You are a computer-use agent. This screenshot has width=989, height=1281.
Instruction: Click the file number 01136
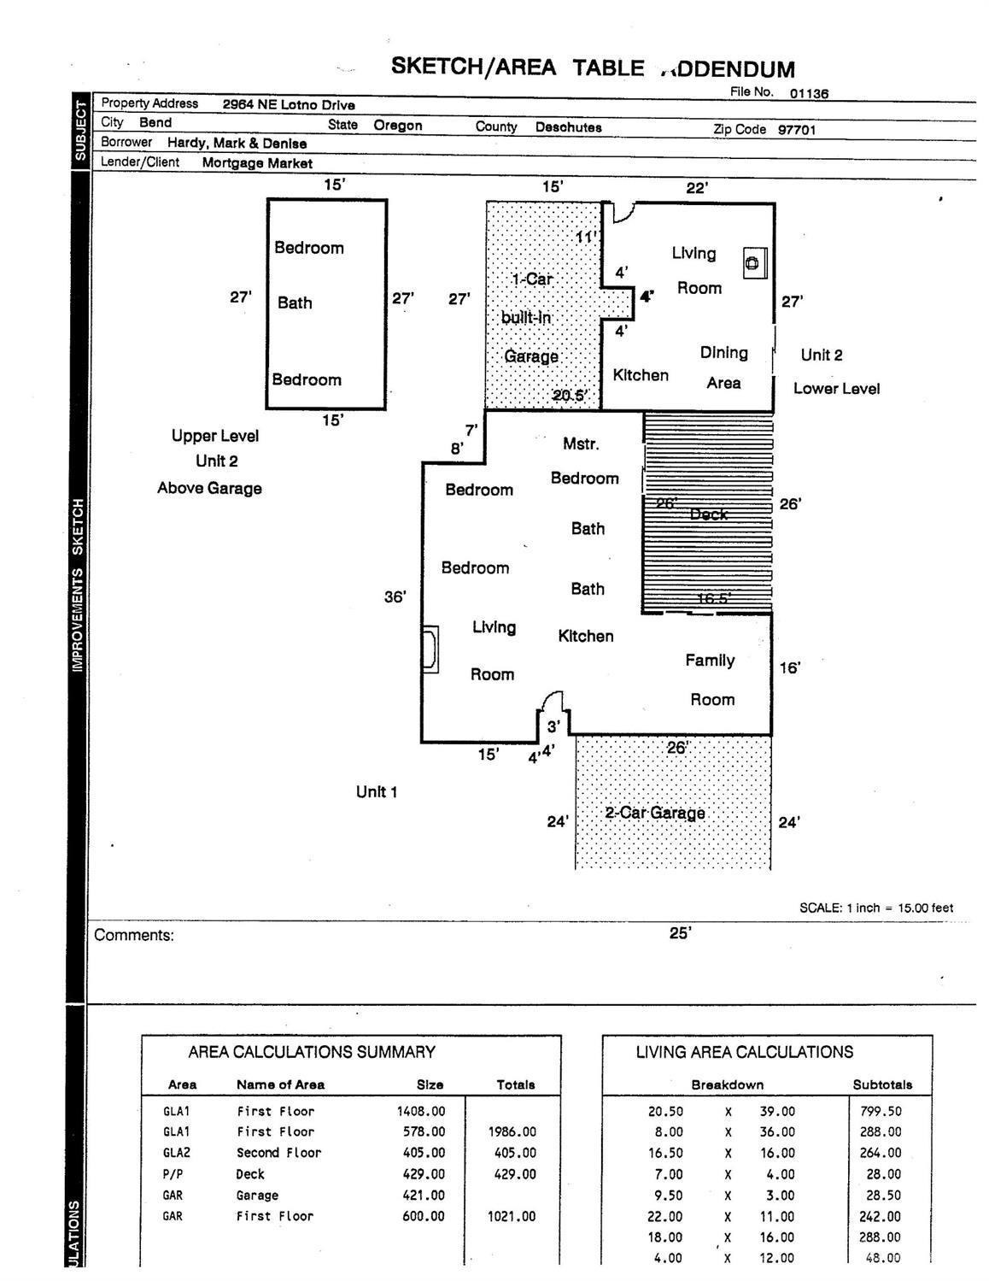[808, 93]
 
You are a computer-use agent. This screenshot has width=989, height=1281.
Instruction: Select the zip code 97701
[796, 130]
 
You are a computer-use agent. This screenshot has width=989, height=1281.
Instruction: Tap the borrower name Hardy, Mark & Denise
[237, 144]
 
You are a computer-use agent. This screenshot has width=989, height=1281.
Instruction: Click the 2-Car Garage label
[655, 813]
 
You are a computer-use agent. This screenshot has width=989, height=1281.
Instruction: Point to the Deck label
[708, 514]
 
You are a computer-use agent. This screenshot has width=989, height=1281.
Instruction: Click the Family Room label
[711, 679]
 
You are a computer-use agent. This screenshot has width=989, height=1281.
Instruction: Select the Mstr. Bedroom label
[583, 461]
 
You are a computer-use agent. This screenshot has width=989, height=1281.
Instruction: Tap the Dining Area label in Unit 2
[723, 367]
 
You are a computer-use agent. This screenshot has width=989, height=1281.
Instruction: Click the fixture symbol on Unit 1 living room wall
[431, 649]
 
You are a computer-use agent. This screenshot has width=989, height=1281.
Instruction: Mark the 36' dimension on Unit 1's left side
[395, 596]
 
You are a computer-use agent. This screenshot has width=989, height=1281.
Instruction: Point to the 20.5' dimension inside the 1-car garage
[570, 395]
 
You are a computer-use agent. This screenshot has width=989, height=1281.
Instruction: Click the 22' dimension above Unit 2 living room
[697, 188]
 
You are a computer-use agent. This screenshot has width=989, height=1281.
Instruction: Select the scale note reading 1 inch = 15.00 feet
[875, 908]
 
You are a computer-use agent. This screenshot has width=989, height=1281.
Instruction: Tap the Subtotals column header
[882, 1084]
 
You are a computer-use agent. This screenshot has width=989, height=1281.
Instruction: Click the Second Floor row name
[278, 1153]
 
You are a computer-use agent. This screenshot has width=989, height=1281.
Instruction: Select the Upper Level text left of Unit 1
[214, 436]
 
